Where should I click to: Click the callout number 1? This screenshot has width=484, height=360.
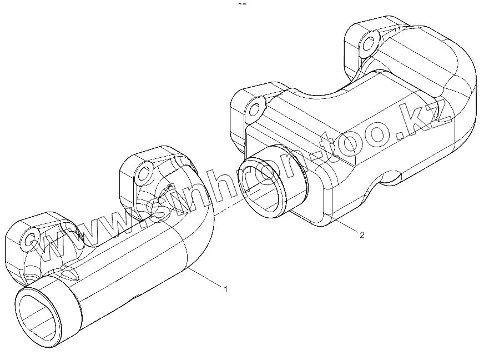(225, 289)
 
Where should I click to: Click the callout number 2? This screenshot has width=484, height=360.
(362, 235)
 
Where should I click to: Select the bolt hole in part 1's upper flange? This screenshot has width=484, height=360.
(144, 174)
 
